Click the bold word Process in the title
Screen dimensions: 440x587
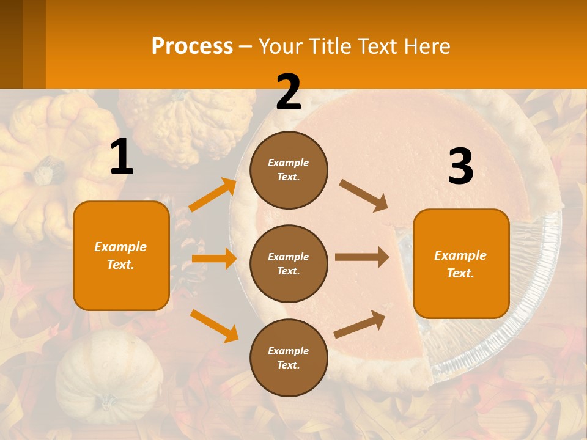pyautogui.click(x=192, y=46)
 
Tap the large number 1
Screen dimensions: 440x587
pyautogui.click(x=122, y=157)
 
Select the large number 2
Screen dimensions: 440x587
pyautogui.click(x=289, y=92)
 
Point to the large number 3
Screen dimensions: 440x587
pyautogui.click(x=460, y=167)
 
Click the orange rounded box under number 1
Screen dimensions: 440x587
pyautogui.click(x=121, y=255)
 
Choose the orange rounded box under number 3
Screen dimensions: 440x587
pyautogui.click(x=461, y=263)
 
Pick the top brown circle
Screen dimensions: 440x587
pyautogui.click(x=289, y=169)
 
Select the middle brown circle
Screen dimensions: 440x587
pyautogui.click(x=289, y=263)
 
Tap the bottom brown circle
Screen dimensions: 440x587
pyautogui.click(x=289, y=358)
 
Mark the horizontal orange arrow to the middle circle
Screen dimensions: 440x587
pyautogui.click(x=214, y=258)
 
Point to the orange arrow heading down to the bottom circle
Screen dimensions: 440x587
pyautogui.click(x=214, y=325)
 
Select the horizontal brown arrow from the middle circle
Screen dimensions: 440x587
pyautogui.click(x=362, y=257)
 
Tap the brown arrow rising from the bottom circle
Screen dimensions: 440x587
pyautogui.click(x=360, y=324)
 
